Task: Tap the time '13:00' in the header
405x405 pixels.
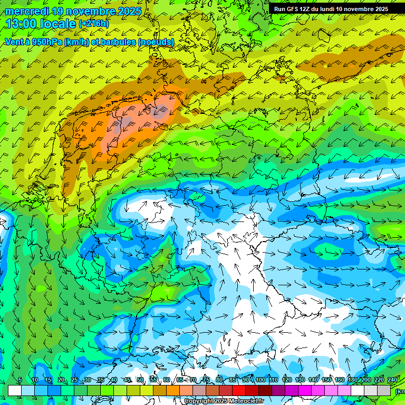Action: (21, 24)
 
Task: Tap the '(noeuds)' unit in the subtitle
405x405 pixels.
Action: (156, 41)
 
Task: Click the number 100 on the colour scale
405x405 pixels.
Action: (260, 380)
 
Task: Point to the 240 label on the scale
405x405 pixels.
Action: (392, 380)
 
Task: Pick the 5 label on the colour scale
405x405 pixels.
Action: (20, 380)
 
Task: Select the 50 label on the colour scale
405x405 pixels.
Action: (140, 380)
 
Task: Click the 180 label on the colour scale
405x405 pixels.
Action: (352, 380)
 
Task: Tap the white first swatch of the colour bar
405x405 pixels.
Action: (15, 390)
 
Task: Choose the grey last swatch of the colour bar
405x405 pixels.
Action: (384, 390)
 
